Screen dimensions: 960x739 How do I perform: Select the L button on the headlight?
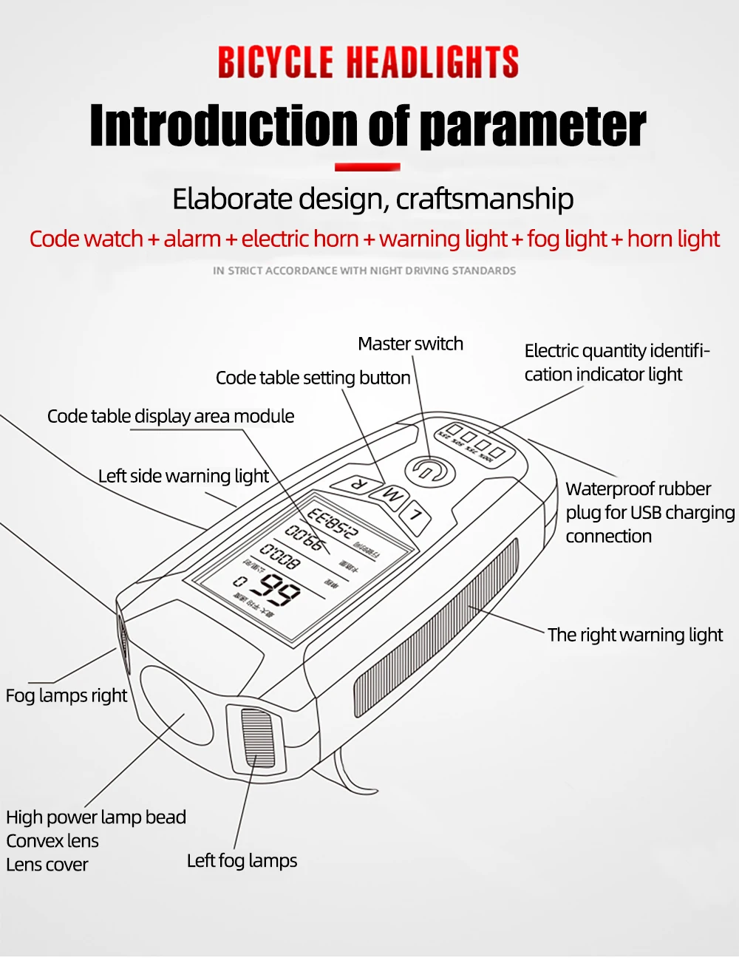click(x=415, y=515)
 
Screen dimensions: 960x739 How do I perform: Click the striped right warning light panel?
click(x=436, y=628)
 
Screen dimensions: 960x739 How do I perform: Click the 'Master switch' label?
click(x=410, y=344)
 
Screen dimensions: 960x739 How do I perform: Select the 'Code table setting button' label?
click(x=313, y=378)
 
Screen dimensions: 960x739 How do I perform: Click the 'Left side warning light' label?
click(x=183, y=476)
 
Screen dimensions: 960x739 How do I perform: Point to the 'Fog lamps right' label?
click(x=67, y=695)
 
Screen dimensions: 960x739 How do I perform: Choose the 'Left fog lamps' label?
click(x=242, y=861)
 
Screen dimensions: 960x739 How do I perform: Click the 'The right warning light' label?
click(x=635, y=635)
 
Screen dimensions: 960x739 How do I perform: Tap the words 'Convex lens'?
click(x=52, y=841)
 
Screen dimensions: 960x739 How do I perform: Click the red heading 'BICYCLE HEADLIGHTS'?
click(x=368, y=62)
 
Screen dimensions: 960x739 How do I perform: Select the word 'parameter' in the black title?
click(x=533, y=126)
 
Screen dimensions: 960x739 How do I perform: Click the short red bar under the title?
click(x=367, y=167)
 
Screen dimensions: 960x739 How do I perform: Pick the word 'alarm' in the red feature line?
click(x=192, y=239)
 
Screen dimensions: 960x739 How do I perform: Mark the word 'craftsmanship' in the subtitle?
click(x=485, y=200)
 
